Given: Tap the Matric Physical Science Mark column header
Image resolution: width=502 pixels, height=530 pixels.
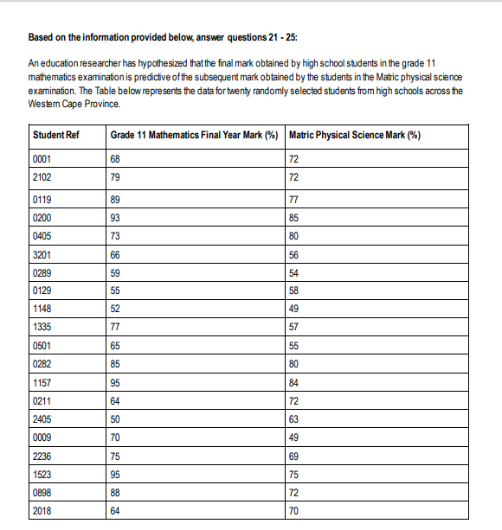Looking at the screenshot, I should coord(360,136).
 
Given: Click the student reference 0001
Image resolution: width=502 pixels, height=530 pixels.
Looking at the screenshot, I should coord(42,161).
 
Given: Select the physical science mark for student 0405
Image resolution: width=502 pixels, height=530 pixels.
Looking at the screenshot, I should coord(294,236).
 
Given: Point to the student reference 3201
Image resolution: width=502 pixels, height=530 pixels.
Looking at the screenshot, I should coord(42,254).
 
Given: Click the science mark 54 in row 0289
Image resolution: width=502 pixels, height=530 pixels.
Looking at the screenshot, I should coord(294,272).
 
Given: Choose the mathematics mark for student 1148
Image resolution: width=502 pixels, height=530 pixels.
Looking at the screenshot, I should coord(116,309).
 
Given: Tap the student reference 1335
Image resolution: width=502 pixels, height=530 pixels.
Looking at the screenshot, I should coord(42,327).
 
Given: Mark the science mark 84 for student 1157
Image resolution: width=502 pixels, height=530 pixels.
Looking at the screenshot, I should coord(294,382).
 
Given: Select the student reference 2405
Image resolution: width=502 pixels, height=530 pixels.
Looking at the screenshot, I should coord(42,418).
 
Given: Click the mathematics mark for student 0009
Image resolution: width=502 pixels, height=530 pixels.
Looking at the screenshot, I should coord(116,437).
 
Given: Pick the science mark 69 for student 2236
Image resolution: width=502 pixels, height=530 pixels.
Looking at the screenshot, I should coord(294,456).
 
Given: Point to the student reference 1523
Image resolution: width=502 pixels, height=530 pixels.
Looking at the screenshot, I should coord(42,474).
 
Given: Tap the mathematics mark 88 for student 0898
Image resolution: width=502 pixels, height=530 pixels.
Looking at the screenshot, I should coord(116,492).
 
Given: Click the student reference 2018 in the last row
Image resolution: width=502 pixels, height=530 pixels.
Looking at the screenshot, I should coord(42,511).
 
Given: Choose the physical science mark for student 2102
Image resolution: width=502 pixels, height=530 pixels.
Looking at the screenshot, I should coord(294,178).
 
